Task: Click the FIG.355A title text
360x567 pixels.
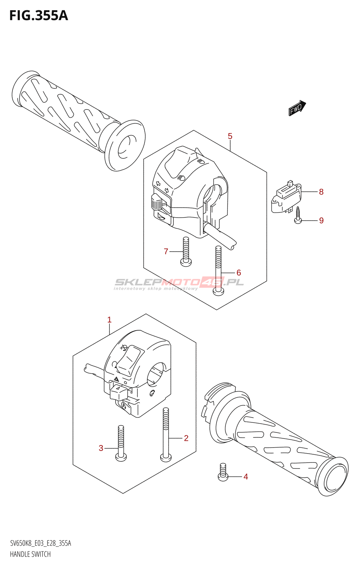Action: coord(38,16)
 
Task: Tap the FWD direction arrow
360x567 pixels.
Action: coord(297,108)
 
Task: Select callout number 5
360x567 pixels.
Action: coord(230,136)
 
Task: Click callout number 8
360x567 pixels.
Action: coord(321,192)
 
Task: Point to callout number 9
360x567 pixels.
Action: coord(321,220)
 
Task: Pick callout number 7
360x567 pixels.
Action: coord(166,251)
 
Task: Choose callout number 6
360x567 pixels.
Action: coord(238,273)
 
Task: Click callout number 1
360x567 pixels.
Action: coord(109,320)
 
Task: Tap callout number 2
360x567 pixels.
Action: coord(186,438)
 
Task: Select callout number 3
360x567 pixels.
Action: coord(101,448)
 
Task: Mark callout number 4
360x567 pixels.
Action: coord(246,477)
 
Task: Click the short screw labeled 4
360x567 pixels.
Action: coord(223,473)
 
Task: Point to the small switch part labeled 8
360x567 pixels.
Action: coord(286,198)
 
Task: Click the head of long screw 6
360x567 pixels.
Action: coord(218,292)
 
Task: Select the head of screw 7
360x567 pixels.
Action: coord(186,262)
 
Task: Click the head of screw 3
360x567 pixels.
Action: coord(121,457)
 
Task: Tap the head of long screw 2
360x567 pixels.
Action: coord(166,457)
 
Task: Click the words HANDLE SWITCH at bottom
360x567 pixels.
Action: coord(30,554)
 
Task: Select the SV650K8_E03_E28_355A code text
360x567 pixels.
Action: coord(40,543)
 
